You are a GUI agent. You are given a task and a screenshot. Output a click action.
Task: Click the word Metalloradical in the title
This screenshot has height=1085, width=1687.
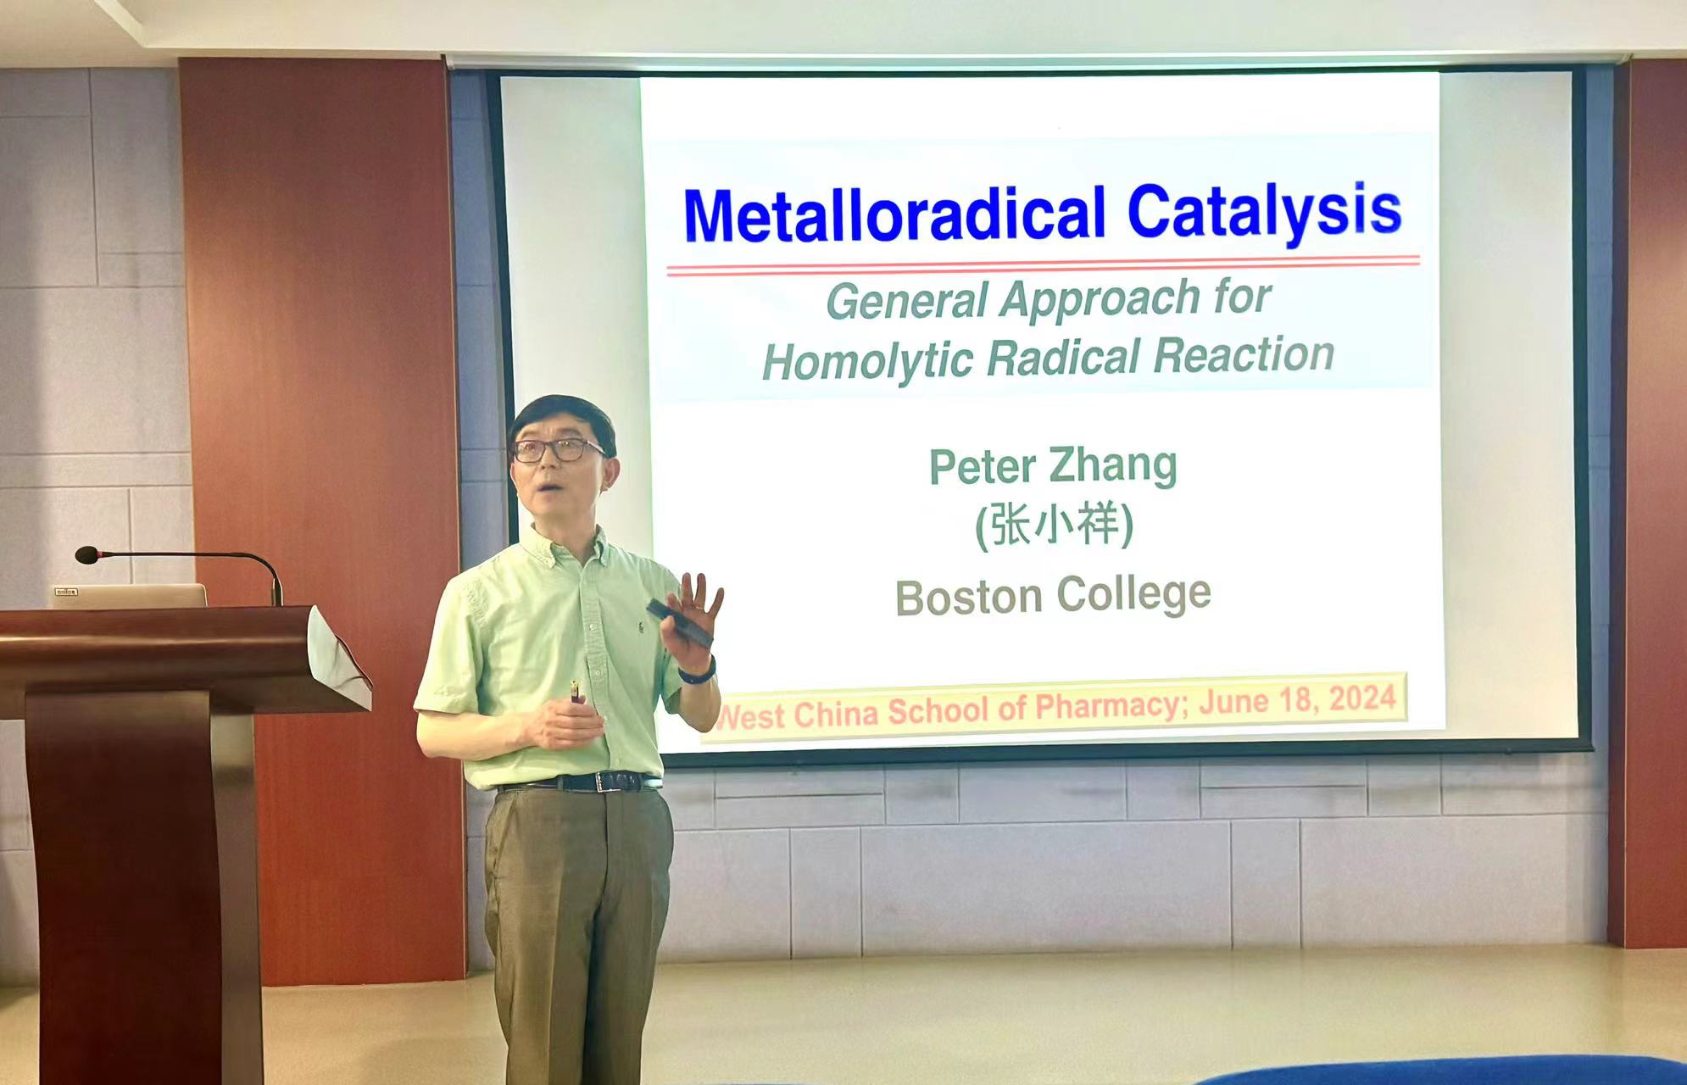coord(894,214)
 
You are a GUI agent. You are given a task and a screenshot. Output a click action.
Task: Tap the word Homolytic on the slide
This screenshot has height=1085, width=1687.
coord(866,360)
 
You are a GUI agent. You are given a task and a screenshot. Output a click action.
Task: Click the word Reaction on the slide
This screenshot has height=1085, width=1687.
coord(1244,355)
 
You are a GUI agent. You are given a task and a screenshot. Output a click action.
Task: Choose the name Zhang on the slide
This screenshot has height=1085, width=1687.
coord(1113,466)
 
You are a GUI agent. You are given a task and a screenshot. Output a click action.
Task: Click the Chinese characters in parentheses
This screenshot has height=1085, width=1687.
coord(1054,526)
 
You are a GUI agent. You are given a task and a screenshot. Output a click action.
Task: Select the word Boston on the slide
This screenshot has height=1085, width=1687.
coord(968,598)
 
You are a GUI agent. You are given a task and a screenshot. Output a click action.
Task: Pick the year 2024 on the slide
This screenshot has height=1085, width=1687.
coord(1362,698)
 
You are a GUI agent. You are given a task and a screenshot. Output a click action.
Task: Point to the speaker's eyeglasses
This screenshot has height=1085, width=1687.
coord(558,449)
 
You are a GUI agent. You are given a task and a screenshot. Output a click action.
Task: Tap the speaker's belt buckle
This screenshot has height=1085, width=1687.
coord(605,782)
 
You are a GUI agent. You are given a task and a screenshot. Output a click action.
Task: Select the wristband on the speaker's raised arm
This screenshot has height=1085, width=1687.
coord(699,672)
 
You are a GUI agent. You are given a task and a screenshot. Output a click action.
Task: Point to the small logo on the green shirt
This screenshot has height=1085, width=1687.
coord(641,627)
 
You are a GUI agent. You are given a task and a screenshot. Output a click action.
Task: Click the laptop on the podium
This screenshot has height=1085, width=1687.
coord(127,595)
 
